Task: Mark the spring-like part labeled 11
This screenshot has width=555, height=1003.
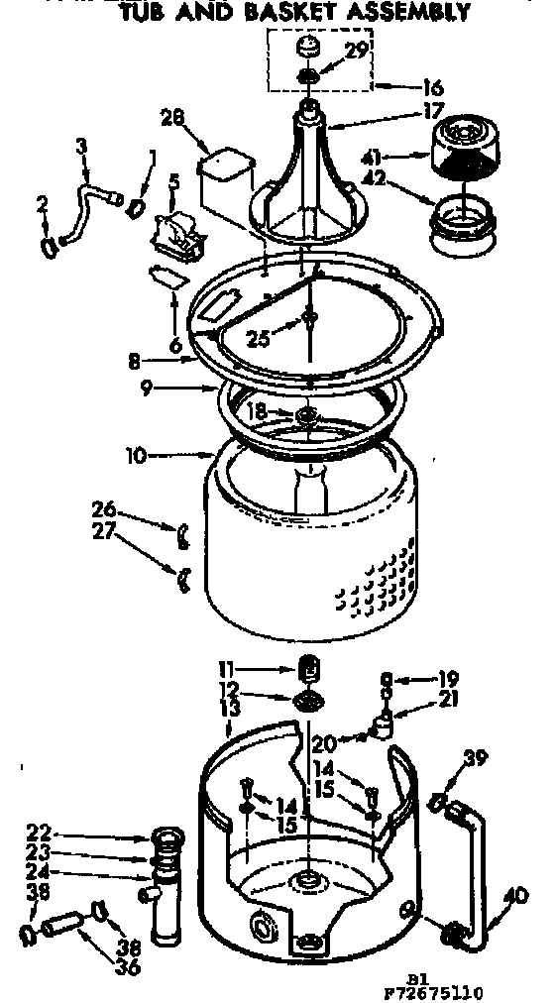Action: coord(308,670)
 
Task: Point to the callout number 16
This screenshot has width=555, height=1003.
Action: coord(431,87)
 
